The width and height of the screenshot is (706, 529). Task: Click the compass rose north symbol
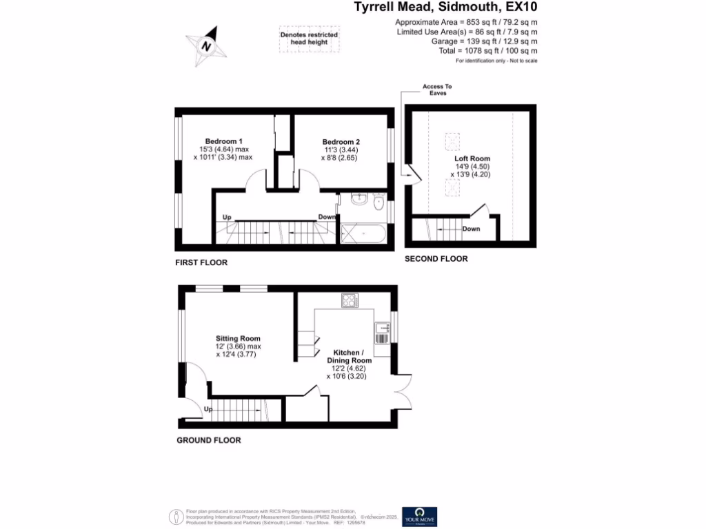(205, 46)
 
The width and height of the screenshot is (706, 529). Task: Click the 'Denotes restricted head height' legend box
(308, 39)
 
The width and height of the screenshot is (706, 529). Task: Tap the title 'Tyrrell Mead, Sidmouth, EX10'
(445, 8)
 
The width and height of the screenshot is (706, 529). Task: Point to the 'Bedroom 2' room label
(341, 142)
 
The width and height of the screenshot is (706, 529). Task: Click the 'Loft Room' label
(472, 158)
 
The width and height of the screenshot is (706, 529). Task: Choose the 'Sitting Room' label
(238, 338)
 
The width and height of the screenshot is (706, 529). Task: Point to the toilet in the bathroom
(379, 203)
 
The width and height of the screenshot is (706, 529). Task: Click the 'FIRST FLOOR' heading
(201, 262)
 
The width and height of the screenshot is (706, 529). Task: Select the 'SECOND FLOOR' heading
(436, 259)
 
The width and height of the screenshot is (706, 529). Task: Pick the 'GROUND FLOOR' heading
(209, 440)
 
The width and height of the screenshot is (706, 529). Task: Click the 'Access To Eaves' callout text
(437, 90)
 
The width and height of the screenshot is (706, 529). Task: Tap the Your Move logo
(420, 517)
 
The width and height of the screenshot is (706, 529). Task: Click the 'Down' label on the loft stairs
(471, 229)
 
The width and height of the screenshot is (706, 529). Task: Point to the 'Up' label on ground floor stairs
(208, 410)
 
